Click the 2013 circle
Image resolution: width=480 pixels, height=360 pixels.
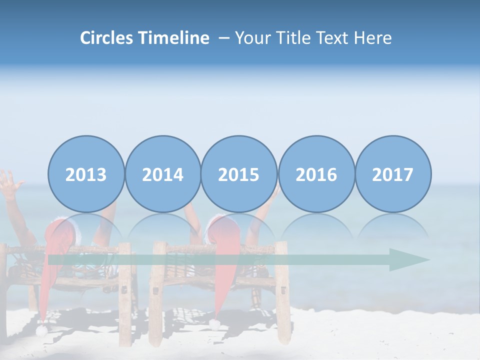point(86,174)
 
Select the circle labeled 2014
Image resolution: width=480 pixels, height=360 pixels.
point(162,174)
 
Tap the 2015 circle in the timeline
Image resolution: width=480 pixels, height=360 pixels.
point(239,174)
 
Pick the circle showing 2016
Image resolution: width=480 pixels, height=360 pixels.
point(316,174)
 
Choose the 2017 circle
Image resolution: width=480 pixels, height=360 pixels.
point(393,174)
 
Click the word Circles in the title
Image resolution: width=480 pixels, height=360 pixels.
point(107,38)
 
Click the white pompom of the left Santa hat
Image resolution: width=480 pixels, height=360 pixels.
point(41,330)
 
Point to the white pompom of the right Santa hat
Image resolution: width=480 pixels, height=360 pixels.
point(214,324)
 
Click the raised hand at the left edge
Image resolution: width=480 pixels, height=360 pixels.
point(9,182)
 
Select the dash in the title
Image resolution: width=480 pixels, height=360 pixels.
point(224,38)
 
